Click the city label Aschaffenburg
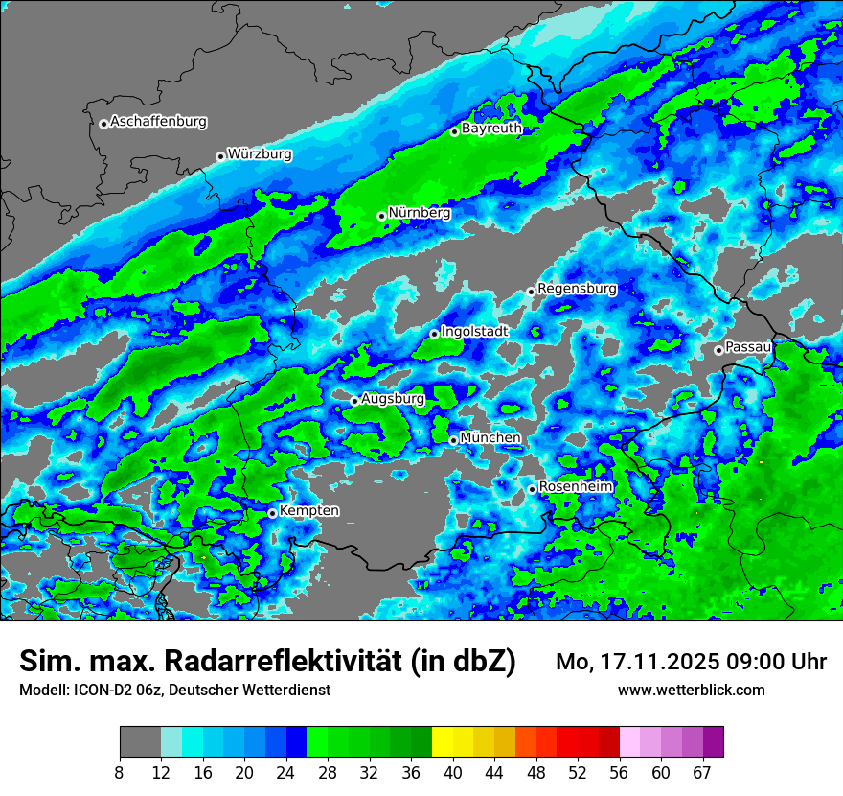[158, 122]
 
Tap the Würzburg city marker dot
[220, 156]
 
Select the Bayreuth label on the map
[491, 128]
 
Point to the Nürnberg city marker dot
[381, 216]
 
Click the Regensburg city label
[577, 288]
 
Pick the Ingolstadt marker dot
[434, 334]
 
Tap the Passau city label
[748, 346]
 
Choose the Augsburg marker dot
[354, 401]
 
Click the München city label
[490, 437]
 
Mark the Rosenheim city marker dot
[532, 490]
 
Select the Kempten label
[309, 510]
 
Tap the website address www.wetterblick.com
[691, 690]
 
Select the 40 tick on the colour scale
[452, 771]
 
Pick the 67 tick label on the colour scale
[702, 771]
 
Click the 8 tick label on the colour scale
[120, 771]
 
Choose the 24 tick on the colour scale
[285, 771]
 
